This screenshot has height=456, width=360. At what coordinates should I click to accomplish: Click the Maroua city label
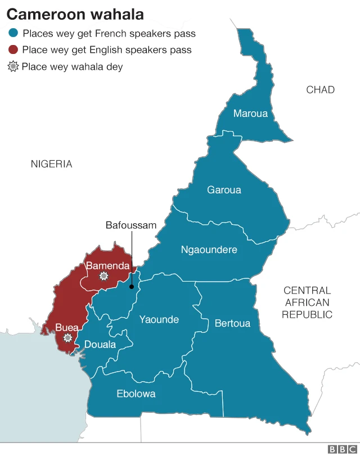(250, 114)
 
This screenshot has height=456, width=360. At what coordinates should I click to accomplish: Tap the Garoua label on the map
(224, 190)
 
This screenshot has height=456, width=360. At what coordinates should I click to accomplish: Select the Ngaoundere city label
(209, 250)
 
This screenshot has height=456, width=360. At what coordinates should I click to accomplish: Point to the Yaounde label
(159, 320)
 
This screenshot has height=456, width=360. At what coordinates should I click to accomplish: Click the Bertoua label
(232, 323)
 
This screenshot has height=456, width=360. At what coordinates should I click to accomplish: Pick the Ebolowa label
(136, 394)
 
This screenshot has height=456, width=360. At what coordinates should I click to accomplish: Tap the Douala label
(100, 345)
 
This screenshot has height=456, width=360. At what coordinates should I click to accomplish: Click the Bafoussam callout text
(131, 225)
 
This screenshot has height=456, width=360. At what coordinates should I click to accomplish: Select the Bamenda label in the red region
(107, 266)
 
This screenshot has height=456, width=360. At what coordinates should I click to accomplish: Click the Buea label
(67, 328)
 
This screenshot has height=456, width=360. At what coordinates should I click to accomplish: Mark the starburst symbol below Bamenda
(103, 276)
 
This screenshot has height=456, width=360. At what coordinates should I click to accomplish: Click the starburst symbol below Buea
(68, 338)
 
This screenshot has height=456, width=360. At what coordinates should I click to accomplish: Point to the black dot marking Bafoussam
(131, 286)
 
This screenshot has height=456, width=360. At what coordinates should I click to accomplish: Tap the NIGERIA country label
(51, 164)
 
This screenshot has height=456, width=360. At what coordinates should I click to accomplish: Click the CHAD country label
(320, 90)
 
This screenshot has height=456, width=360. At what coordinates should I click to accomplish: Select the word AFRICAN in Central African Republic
(307, 303)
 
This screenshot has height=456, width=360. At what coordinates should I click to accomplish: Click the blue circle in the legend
(13, 34)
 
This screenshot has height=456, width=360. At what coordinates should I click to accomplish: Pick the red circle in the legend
(13, 50)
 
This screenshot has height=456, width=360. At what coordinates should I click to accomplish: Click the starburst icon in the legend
(13, 67)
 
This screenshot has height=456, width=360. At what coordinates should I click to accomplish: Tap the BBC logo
(340, 449)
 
